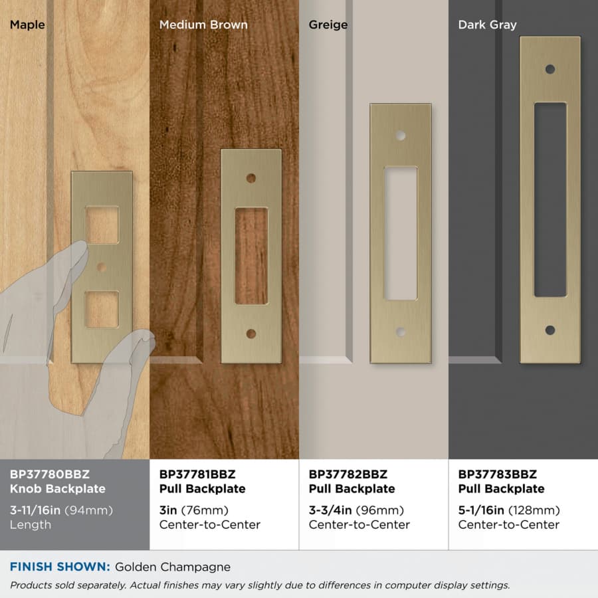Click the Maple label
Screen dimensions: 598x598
coord(27,25)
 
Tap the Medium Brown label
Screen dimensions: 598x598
coord(203,25)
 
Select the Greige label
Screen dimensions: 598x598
coord(328,25)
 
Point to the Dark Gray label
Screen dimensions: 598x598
coord(487,25)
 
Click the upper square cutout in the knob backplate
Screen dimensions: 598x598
coord(102,225)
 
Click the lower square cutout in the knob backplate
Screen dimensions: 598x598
coord(102,309)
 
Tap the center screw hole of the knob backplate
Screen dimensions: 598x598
coord(102,267)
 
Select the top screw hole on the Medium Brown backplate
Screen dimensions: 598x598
coord(251,178)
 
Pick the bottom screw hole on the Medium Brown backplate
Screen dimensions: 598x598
coord(251,334)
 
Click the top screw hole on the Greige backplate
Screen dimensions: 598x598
coord(401,136)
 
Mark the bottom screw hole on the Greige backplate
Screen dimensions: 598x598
coord(401,332)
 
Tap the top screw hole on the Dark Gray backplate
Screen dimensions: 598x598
coord(550,69)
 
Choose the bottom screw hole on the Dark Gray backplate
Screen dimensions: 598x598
coord(550,330)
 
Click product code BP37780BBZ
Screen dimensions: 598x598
coord(50,474)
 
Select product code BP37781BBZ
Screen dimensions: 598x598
coord(197,474)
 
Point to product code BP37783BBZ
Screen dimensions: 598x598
coord(497,474)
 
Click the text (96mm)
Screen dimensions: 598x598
coord(380,510)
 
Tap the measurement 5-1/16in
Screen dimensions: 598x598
coord(481,510)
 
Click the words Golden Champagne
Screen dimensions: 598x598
coord(173,567)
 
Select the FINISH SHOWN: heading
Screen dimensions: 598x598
coord(60,567)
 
